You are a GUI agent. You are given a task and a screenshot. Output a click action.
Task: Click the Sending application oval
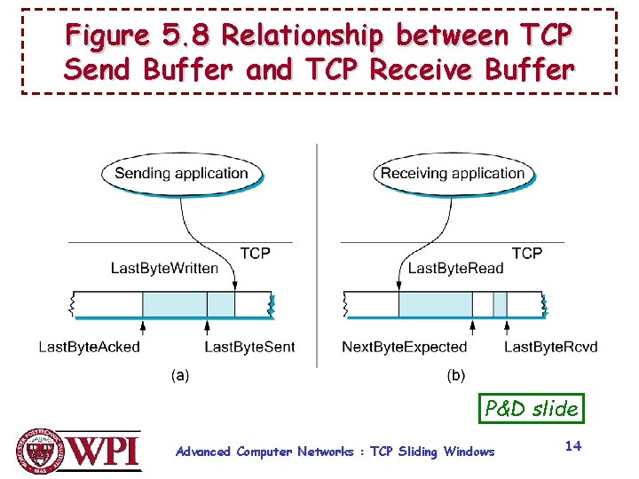pos(181,173)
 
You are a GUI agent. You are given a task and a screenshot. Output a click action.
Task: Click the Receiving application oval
pos(453,173)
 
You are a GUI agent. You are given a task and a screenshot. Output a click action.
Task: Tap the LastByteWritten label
pos(164,268)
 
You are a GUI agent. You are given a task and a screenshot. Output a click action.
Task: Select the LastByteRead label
pos(455,268)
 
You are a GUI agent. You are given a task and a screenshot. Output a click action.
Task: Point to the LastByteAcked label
pos(89,347)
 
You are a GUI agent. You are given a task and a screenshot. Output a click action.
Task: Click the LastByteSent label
pos(249,347)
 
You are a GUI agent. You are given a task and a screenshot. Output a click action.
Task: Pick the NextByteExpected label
pos(404,347)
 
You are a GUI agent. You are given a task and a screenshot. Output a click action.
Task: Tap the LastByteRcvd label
pos(551,347)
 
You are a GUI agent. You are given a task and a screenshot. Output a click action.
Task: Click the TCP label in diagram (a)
pos(255,253)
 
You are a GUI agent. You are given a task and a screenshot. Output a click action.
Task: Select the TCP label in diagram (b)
pos(527,253)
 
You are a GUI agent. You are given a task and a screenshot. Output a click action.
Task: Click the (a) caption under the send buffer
pos(180,375)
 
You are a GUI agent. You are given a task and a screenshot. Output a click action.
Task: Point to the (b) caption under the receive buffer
pos(455,375)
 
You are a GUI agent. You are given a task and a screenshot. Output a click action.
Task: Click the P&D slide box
pos(532,408)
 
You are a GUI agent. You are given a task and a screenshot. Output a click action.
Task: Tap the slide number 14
pos(573,446)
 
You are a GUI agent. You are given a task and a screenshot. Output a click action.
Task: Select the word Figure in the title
pos(107,36)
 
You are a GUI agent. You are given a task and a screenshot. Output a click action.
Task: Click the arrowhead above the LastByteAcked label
pos(142,326)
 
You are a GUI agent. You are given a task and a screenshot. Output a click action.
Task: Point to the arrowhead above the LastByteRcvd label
pos(507,326)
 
